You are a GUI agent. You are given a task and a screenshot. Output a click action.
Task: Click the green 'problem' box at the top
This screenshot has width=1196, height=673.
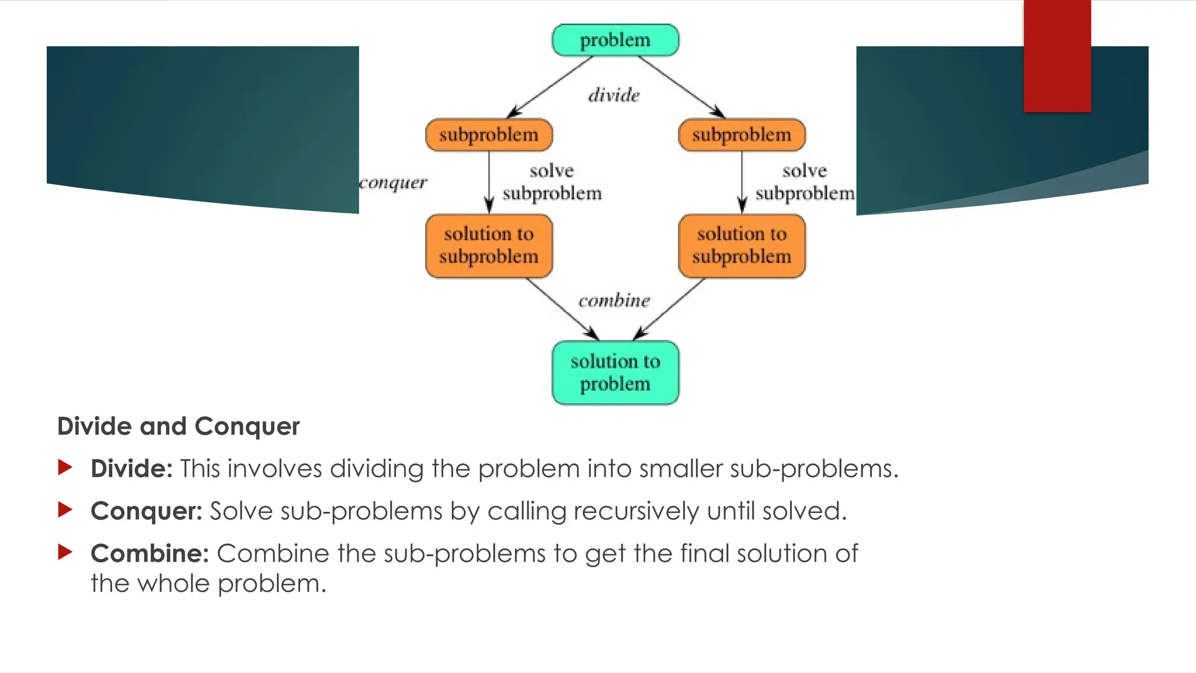615,40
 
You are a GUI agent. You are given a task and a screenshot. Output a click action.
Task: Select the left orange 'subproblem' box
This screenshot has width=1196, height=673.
489,135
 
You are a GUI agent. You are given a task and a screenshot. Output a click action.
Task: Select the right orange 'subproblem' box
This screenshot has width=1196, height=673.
742,135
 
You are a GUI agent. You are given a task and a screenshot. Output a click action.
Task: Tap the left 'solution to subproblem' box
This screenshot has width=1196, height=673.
489,245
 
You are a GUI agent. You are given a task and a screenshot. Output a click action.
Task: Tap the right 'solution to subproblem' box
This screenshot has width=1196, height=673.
742,245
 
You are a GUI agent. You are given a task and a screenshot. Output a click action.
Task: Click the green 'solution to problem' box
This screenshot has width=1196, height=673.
615,372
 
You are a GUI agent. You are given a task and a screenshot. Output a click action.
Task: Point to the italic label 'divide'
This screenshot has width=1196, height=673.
614,95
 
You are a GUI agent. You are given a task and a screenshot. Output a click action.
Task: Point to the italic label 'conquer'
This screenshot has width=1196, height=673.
393,183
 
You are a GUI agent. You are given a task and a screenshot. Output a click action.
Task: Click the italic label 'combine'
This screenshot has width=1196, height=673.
614,300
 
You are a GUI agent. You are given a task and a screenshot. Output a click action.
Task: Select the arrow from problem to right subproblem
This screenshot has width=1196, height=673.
682,87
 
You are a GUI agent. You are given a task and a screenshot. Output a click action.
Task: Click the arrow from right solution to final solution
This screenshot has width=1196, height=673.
669,309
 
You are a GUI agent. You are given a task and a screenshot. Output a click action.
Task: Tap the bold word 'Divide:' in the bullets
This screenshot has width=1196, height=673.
131,469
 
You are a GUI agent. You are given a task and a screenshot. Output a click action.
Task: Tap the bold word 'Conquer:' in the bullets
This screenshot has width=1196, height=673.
146,511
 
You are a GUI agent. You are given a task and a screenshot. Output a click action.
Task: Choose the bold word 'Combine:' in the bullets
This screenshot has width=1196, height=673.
149,553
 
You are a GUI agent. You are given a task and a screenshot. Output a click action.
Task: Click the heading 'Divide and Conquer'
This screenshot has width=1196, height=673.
178,426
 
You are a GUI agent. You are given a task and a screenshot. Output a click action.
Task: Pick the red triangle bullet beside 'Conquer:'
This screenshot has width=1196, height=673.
65,510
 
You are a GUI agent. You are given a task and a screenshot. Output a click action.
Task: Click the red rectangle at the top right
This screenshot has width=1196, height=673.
1057,55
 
